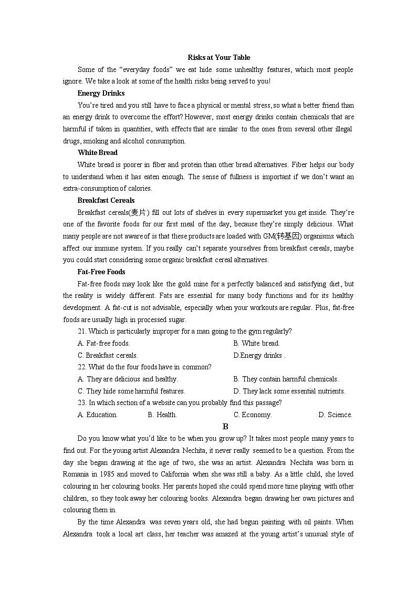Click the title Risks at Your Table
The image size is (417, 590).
(219, 57)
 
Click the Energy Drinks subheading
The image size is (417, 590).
(101, 93)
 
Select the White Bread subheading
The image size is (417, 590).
(97, 152)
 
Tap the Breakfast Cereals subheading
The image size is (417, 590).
(106, 200)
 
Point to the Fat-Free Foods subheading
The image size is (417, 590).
(101, 272)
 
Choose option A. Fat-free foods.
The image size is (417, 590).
(104, 343)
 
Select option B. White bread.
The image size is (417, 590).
(257, 343)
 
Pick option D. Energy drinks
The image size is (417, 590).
(259, 355)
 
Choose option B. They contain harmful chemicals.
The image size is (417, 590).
(286, 379)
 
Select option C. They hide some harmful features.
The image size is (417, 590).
(131, 391)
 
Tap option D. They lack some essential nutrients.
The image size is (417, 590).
(289, 391)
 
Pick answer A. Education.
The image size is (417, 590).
(98, 415)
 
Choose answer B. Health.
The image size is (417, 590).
(162, 415)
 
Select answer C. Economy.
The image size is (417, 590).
(253, 415)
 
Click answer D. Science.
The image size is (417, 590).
(335, 415)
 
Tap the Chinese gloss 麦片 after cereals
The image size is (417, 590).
(138, 212)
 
